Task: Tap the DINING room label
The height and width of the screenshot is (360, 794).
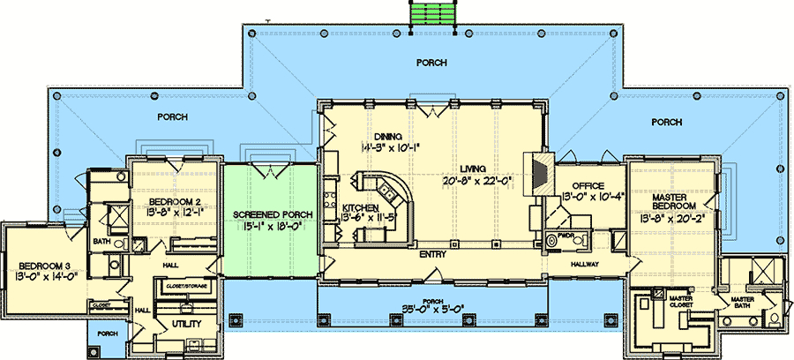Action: [x=387, y=135]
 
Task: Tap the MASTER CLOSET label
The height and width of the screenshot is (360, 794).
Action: [x=679, y=303]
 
